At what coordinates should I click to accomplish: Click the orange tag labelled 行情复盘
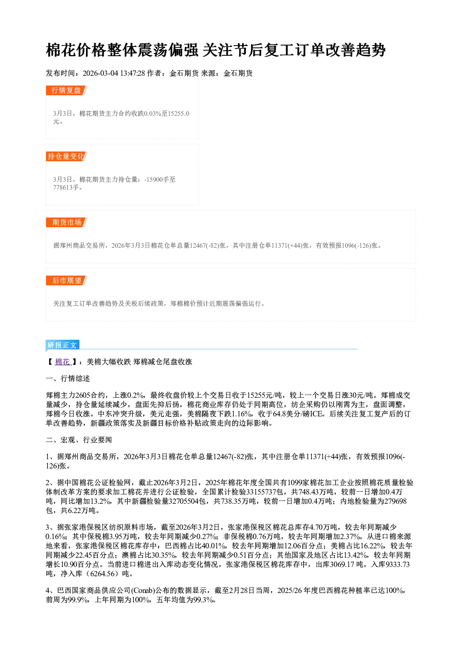[x=66, y=90]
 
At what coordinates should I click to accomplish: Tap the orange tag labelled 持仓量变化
[x=66, y=156]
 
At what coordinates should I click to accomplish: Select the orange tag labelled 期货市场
[x=66, y=223]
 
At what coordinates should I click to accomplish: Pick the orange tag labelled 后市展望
[x=66, y=281]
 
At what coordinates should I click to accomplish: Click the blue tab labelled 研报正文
[x=62, y=345]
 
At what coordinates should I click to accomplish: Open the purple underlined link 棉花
[x=63, y=362]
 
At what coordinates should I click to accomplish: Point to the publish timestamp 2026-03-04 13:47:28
[x=114, y=73]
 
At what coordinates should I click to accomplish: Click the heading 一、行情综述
[x=68, y=378]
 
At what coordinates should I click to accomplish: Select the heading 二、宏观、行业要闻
[x=79, y=440]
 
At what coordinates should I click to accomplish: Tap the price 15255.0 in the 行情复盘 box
[x=178, y=113]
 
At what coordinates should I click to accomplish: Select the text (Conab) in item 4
[x=143, y=590]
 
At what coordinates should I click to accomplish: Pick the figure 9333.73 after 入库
[x=397, y=564]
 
